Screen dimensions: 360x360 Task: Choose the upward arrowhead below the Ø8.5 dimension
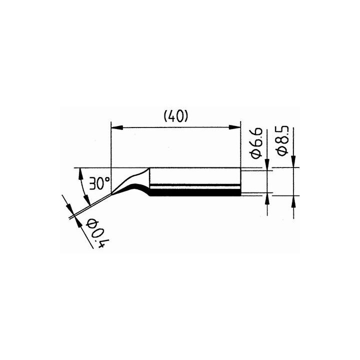pos(293,200)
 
